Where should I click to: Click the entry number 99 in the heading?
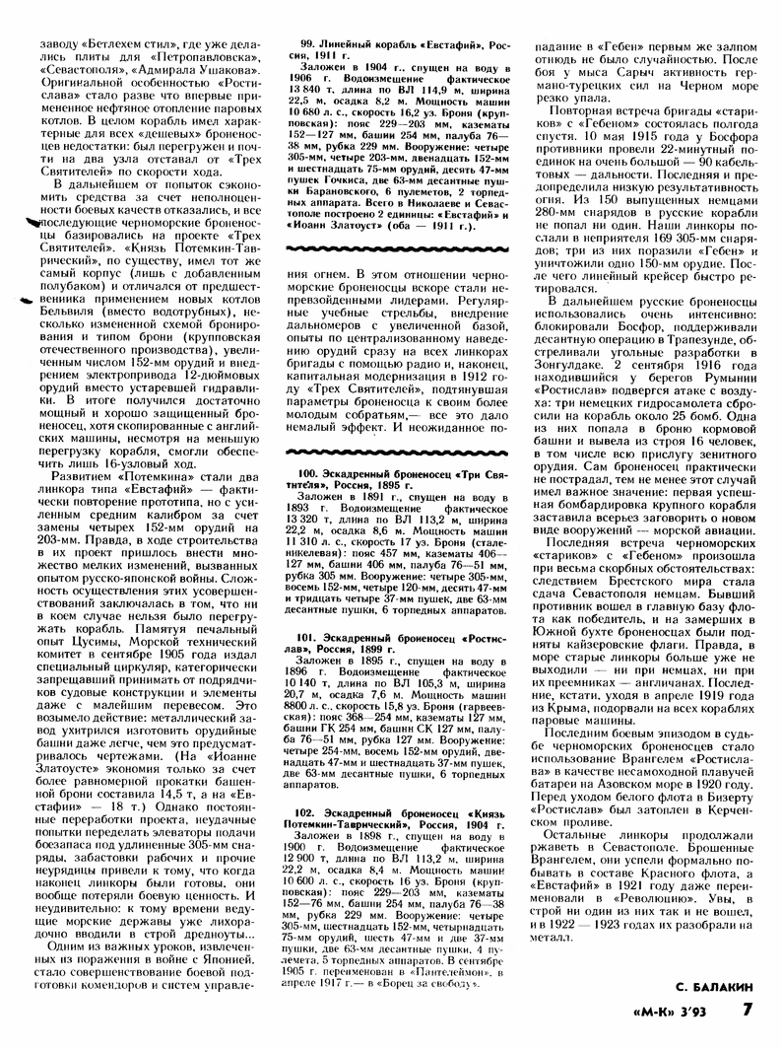pos(308,44)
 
